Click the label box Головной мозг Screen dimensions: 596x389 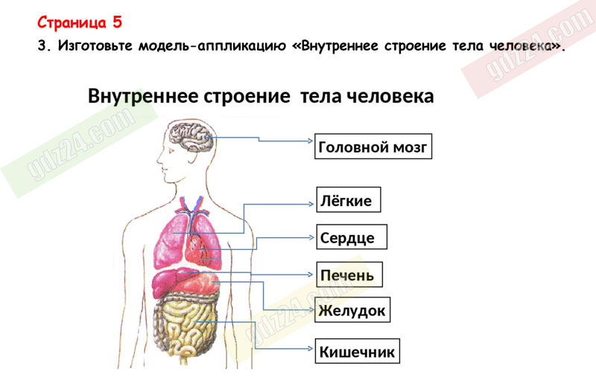(373, 146)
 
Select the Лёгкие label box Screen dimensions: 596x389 (349, 199)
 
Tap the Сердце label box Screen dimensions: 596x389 (352, 237)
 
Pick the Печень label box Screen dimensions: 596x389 (349, 274)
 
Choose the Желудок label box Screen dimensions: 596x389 (352, 309)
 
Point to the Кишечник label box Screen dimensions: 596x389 (358, 351)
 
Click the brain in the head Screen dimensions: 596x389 (191, 137)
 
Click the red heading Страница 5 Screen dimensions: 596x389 (80, 22)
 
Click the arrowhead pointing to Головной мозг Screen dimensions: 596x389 (310, 141)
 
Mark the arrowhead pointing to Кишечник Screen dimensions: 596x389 (310, 348)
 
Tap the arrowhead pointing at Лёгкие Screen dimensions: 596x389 (311, 205)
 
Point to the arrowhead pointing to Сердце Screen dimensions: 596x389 (311, 237)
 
